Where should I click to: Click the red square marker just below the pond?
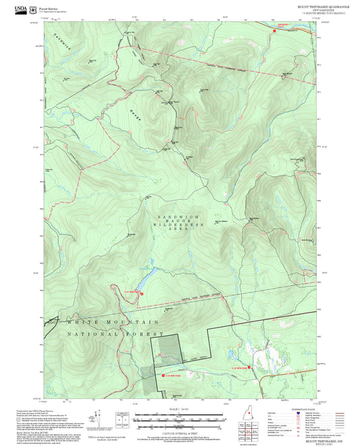(x=141, y=292)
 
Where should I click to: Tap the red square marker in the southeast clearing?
(x=250, y=367)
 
